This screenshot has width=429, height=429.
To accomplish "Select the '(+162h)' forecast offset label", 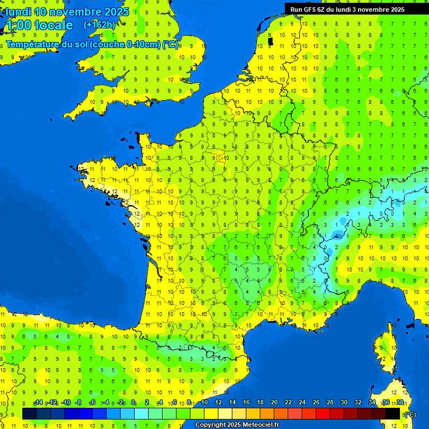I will click(x=99, y=25).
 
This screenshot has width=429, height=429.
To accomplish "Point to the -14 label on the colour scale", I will click(x=38, y=403).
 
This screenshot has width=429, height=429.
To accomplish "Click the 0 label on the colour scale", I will click(x=133, y=403).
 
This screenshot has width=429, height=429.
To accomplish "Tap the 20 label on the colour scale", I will click(x=274, y=403).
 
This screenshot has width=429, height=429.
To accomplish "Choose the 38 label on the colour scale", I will click(x=399, y=403).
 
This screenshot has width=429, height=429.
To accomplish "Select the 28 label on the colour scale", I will click(x=330, y=403).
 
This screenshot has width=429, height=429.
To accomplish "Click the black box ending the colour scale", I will click(x=393, y=413).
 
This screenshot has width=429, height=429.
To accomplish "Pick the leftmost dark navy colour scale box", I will click(x=30, y=413).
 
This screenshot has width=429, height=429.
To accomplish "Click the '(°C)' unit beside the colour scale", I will click(x=409, y=414).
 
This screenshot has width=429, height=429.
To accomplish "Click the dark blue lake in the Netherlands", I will click(x=270, y=41).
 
